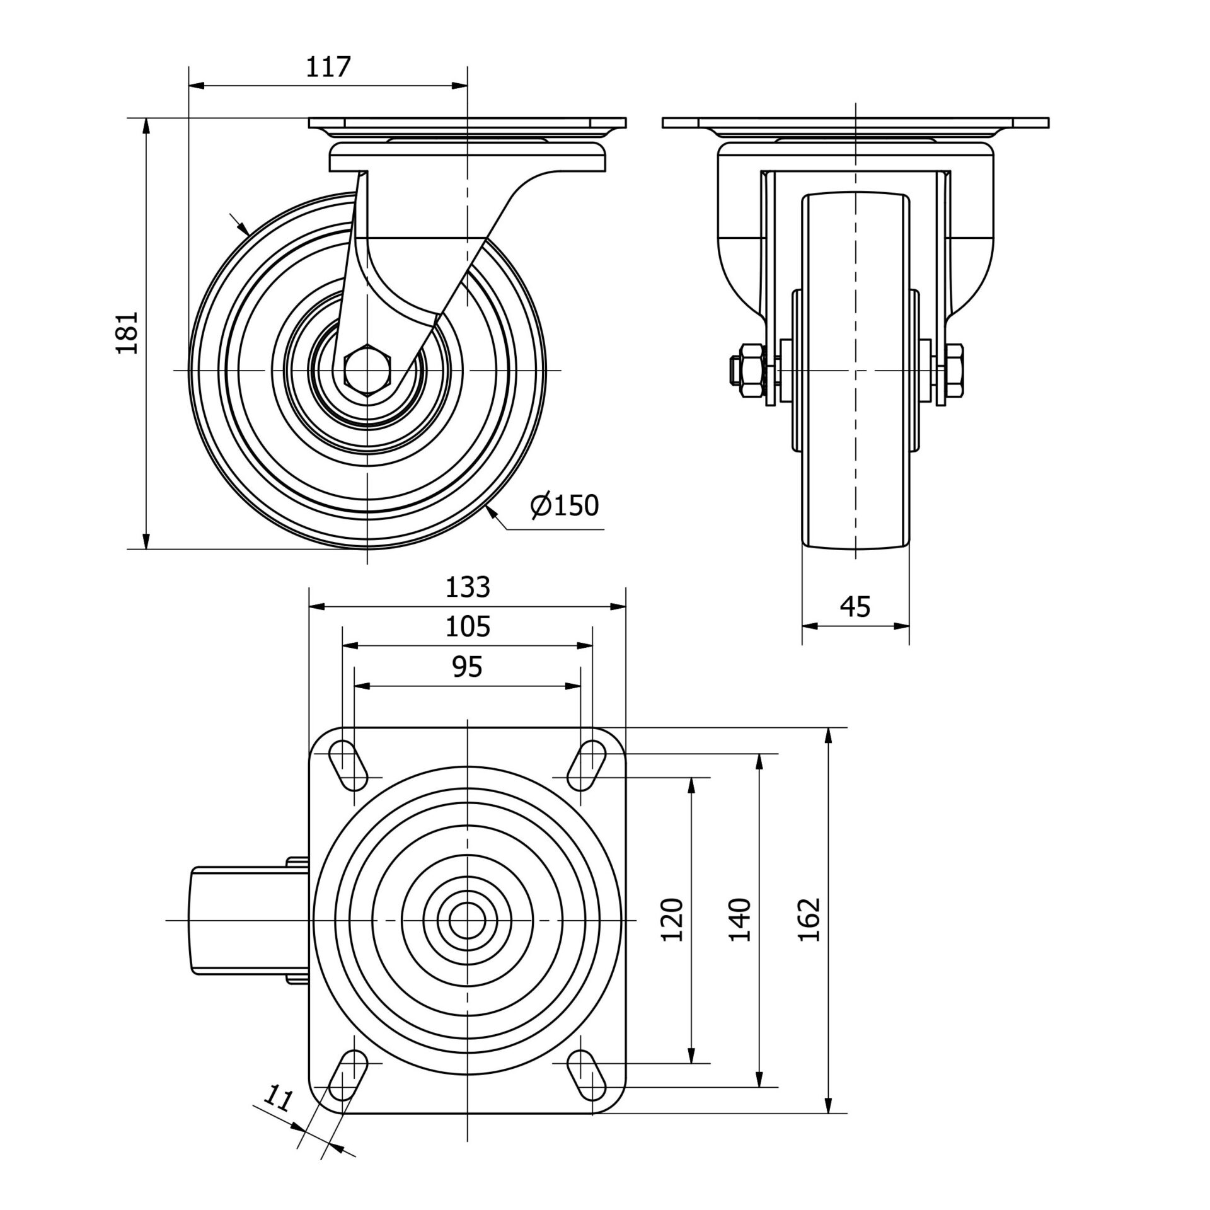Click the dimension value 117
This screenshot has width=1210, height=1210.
click(328, 67)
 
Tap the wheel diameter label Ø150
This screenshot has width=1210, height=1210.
click(564, 505)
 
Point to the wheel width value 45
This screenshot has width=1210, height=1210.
click(855, 607)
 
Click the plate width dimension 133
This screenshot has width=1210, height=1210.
click(468, 587)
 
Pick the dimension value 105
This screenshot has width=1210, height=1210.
click(468, 627)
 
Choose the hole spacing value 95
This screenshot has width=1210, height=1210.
click(468, 667)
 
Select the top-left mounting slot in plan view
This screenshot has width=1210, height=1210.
click(349, 766)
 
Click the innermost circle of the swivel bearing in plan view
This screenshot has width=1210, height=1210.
click(468, 921)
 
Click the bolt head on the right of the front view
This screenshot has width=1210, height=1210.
click(955, 371)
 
